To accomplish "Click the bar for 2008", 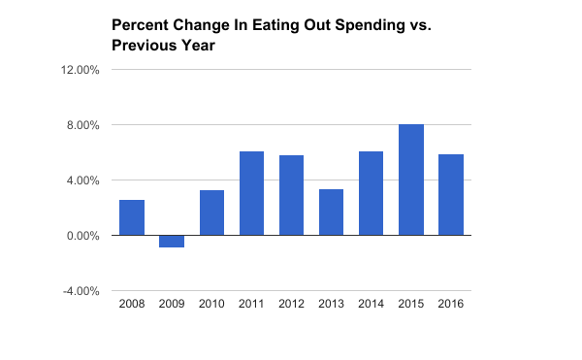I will (x=132, y=217).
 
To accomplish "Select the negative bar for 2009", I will (x=172, y=242).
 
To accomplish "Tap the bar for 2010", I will (x=211, y=213).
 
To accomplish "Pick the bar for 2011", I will (x=251, y=193).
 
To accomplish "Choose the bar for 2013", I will (x=331, y=212).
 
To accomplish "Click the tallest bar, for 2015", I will (x=410, y=180).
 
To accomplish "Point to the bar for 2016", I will (x=450, y=194).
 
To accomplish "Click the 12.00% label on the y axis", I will (x=81, y=70).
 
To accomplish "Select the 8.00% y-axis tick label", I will (x=83, y=125).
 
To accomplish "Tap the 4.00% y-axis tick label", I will (x=83, y=180).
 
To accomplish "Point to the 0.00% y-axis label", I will (x=83, y=236).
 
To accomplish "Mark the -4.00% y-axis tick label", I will (x=81, y=291).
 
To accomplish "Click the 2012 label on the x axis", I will (x=291, y=304).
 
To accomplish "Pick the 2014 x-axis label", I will (x=371, y=304).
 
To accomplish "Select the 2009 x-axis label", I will (x=172, y=304).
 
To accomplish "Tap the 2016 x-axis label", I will (x=450, y=304).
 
